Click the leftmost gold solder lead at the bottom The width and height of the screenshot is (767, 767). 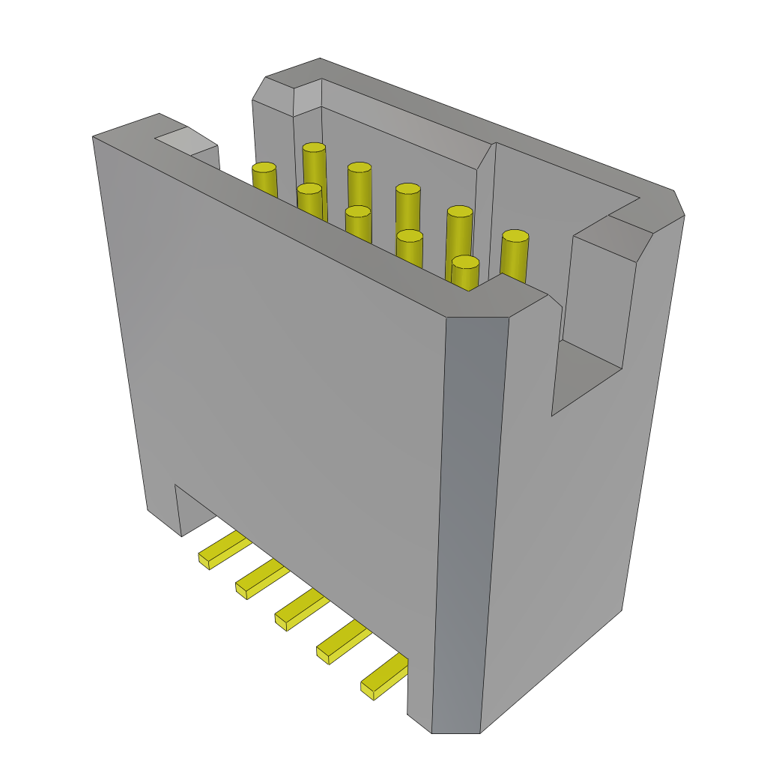click(x=222, y=551)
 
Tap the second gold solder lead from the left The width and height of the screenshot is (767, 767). click(x=261, y=580)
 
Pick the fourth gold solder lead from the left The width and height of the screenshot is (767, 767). click(x=342, y=643)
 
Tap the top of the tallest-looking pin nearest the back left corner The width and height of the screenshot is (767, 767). click(x=314, y=148)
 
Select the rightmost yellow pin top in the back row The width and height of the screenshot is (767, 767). click(x=515, y=236)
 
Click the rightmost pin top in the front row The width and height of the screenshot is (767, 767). click(x=465, y=262)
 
